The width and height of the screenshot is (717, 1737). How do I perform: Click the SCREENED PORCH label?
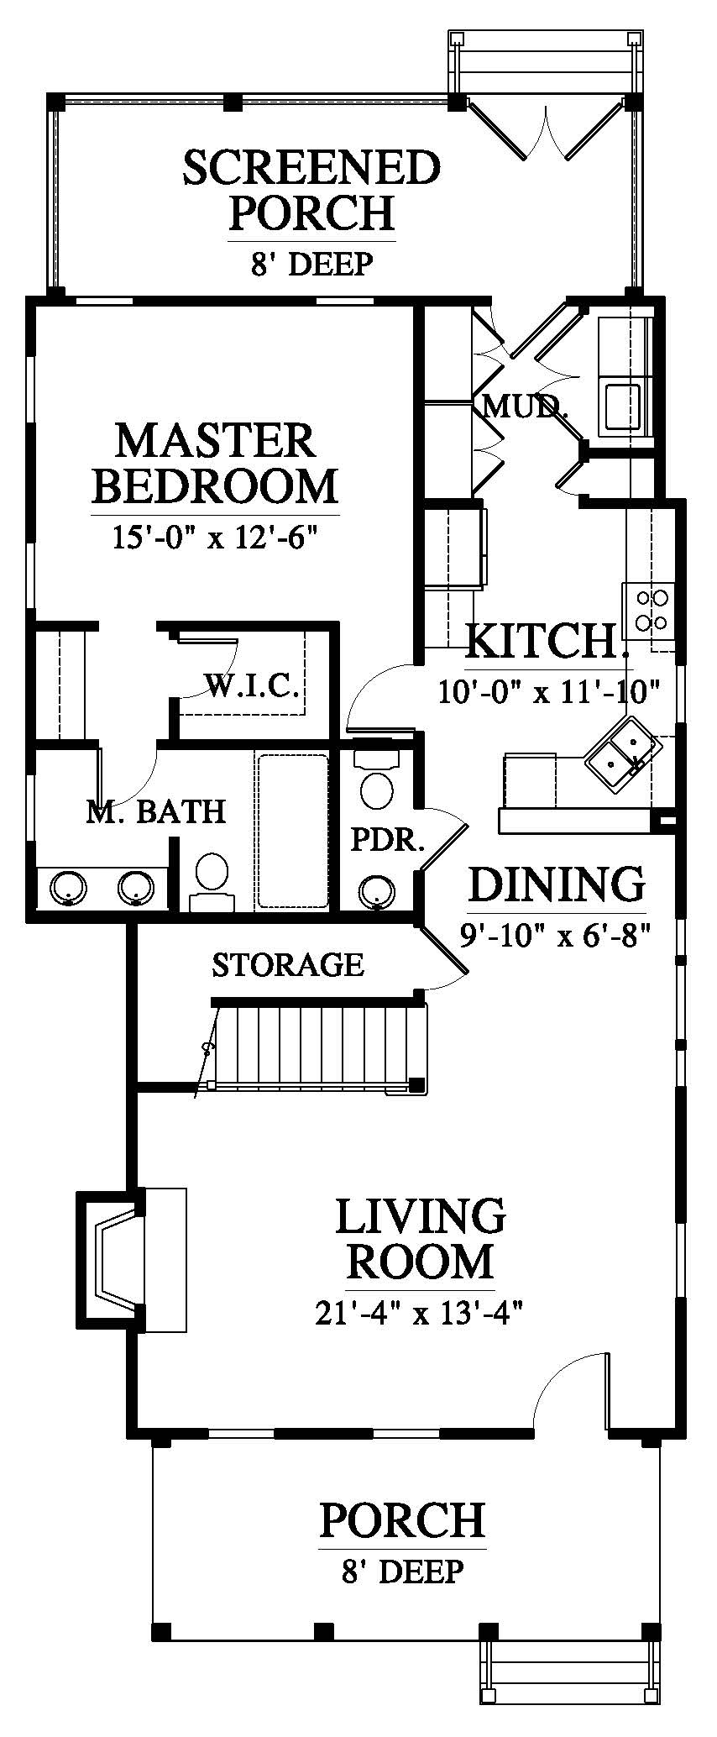(x=311, y=190)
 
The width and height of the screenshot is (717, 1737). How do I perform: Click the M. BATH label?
(x=157, y=811)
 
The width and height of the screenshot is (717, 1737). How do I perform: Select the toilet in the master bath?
(x=211, y=883)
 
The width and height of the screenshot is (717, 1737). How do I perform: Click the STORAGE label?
(x=287, y=964)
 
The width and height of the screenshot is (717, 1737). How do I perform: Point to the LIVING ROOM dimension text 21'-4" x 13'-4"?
(x=420, y=1312)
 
